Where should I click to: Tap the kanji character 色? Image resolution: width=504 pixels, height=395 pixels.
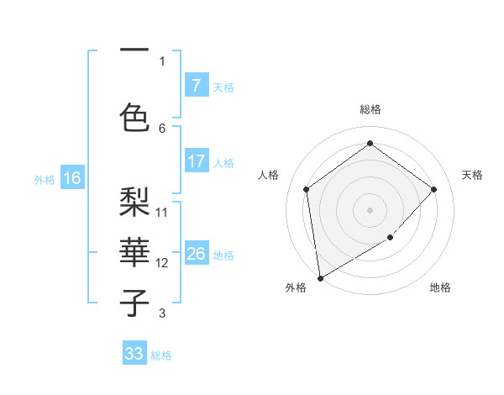click(134, 117)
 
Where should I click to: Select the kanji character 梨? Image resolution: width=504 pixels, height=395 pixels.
click(134, 201)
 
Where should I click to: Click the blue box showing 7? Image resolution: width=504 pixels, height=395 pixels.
click(196, 86)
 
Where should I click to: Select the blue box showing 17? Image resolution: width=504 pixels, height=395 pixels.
click(196, 161)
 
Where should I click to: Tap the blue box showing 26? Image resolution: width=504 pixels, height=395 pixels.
click(196, 254)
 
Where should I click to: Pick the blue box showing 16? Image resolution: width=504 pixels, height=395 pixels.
click(71, 178)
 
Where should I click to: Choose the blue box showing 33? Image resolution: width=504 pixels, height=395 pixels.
click(134, 354)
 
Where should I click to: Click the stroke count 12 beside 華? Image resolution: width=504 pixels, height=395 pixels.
click(162, 263)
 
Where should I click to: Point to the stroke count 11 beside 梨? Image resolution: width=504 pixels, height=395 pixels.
click(162, 212)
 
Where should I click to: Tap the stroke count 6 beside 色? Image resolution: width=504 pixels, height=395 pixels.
click(162, 128)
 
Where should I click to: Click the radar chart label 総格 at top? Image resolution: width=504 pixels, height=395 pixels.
click(370, 109)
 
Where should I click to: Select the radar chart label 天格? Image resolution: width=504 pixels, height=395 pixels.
click(472, 175)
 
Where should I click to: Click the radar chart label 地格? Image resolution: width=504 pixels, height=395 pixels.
click(440, 287)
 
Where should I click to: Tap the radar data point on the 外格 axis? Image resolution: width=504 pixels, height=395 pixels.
click(320, 277)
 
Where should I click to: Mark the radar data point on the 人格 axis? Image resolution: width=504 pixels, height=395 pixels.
click(307, 189)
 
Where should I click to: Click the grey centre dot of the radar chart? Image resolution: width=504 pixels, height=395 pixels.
click(370, 209)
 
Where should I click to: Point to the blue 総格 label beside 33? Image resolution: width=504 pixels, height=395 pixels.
click(161, 355)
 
